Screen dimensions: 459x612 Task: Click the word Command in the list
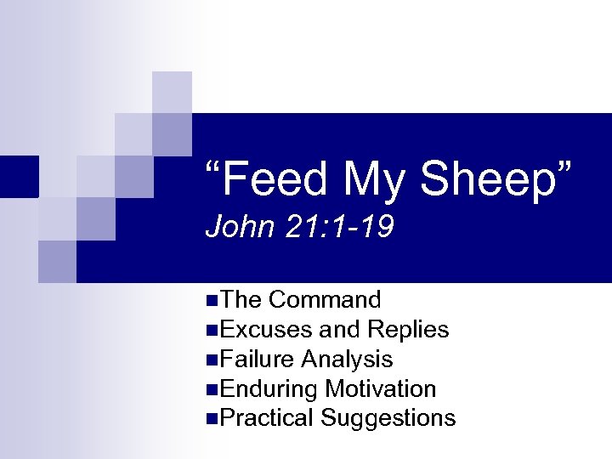pyautogui.click(x=325, y=300)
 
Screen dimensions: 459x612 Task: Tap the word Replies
pyautogui.click(x=409, y=330)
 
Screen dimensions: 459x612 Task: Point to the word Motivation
pyautogui.click(x=381, y=389)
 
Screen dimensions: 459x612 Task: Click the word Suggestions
pyautogui.click(x=388, y=419)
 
